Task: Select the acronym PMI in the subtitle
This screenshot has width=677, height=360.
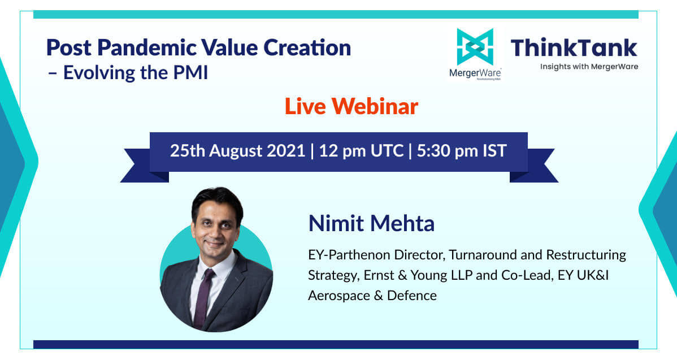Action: [190, 72]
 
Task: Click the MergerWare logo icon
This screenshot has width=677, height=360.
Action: [475, 47]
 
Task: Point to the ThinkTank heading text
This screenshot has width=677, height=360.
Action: [574, 47]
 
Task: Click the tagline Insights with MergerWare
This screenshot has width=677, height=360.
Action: [589, 67]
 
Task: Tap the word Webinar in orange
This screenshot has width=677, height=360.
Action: [375, 106]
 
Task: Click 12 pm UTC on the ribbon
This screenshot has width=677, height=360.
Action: [361, 151]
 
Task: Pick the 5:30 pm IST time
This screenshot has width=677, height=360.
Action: [462, 151]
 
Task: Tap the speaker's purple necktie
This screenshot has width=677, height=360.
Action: [203, 298]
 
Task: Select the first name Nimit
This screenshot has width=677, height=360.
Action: [336, 223]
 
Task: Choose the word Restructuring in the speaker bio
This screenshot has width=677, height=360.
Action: [586, 255]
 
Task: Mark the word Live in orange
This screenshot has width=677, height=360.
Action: [305, 106]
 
